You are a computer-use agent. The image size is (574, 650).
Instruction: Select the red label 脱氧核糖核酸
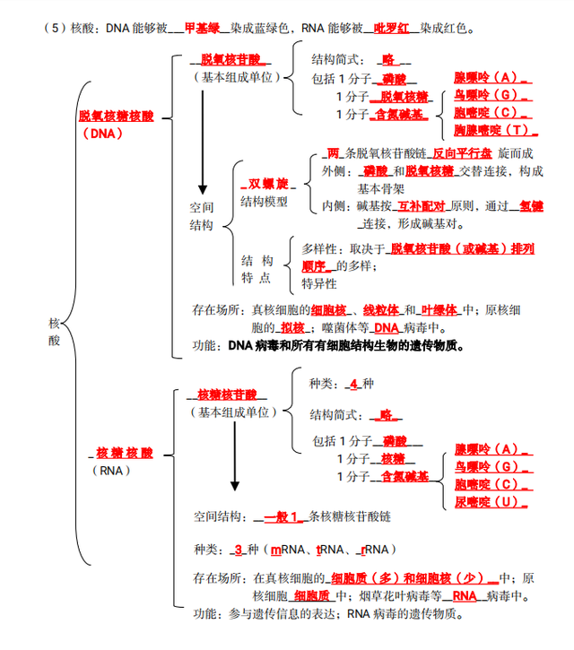tap(116, 116)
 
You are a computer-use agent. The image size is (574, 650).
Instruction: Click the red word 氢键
tap(531, 206)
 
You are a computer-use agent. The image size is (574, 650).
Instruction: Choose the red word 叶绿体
tap(439, 310)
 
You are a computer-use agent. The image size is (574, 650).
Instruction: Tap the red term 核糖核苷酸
tap(226, 394)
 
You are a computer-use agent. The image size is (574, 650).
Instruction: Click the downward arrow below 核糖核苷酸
tap(234, 457)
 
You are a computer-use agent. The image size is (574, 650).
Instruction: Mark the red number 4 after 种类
tap(354, 384)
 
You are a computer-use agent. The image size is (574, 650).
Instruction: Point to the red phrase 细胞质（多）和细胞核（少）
tap(408, 578)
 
